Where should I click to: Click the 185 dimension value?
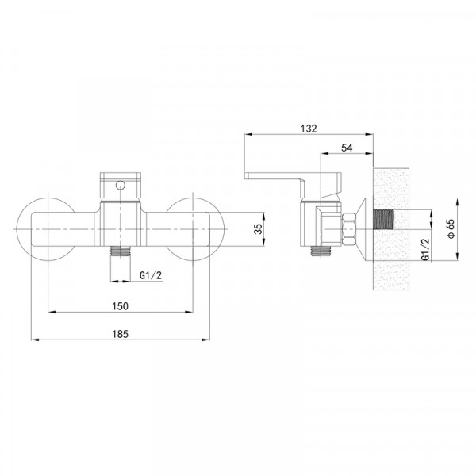(x=121, y=334)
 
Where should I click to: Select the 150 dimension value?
(x=121, y=306)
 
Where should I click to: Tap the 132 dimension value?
(x=309, y=129)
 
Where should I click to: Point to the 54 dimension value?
(x=347, y=148)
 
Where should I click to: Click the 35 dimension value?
(x=258, y=229)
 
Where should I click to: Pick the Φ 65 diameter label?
(x=451, y=228)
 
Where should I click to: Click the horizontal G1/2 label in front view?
(x=151, y=275)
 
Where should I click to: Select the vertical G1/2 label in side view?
(x=426, y=249)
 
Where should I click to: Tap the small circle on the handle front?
(x=121, y=185)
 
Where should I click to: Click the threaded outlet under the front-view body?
(x=121, y=251)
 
